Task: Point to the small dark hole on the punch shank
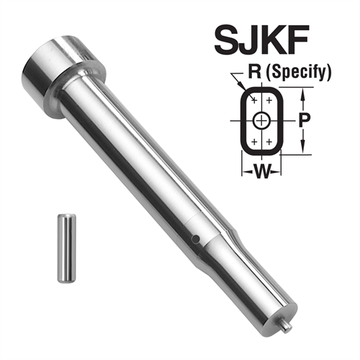(x=194, y=237)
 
